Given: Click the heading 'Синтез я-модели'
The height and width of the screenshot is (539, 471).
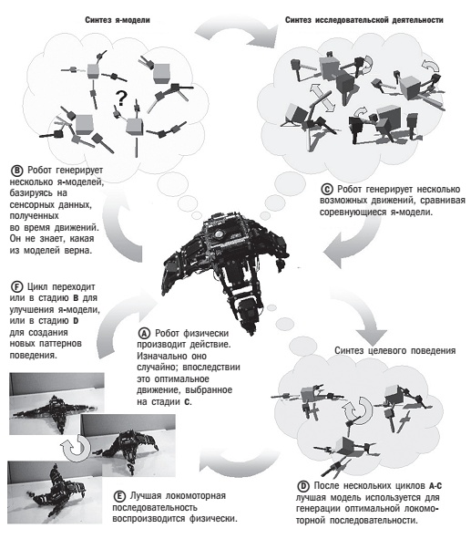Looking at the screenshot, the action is click(x=118, y=20).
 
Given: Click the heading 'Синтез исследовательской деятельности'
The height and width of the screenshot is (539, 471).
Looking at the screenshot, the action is click(x=364, y=20).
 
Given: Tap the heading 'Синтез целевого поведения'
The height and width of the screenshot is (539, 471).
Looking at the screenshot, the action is click(x=395, y=350).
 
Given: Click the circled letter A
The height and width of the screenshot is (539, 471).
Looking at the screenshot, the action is click(x=144, y=333).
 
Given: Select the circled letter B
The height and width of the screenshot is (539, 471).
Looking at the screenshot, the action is click(x=16, y=171).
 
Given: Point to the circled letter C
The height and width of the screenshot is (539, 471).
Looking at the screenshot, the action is click(x=327, y=190).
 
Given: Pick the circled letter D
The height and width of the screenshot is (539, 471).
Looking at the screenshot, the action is click(x=303, y=486).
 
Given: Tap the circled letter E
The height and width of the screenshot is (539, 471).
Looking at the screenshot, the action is click(x=119, y=496).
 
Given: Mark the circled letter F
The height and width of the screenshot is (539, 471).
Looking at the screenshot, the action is click(x=16, y=286).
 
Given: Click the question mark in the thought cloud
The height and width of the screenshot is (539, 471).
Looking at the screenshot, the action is click(x=121, y=98).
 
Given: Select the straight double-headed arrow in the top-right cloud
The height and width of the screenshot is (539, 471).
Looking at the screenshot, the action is click(x=322, y=98).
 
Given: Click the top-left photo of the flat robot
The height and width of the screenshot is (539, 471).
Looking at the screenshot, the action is click(x=56, y=403).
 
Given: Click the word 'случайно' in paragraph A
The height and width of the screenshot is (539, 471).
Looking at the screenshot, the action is click(x=156, y=368).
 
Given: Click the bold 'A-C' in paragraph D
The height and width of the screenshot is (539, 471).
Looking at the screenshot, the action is click(x=435, y=486).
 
